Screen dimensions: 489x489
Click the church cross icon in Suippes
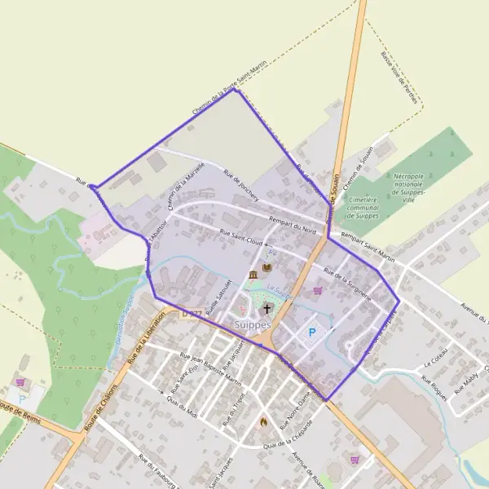point(267,309)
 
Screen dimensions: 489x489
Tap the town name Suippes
point(253,324)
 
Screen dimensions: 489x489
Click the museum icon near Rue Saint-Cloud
point(253,274)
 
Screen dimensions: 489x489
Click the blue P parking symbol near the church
point(311,333)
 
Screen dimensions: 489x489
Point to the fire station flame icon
point(262,421)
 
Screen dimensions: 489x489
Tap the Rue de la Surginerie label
point(348,283)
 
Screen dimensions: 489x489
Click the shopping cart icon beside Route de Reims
point(20,381)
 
